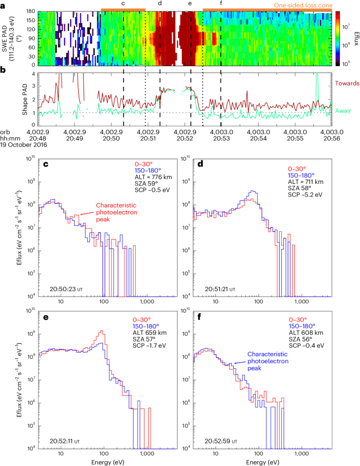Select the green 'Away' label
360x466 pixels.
[x=343, y=110]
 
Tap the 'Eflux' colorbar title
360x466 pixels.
[x=354, y=36]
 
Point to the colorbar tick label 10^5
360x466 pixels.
[x=345, y=63]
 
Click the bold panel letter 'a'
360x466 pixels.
[x=4, y=4]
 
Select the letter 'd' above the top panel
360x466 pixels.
[x=160, y=3]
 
